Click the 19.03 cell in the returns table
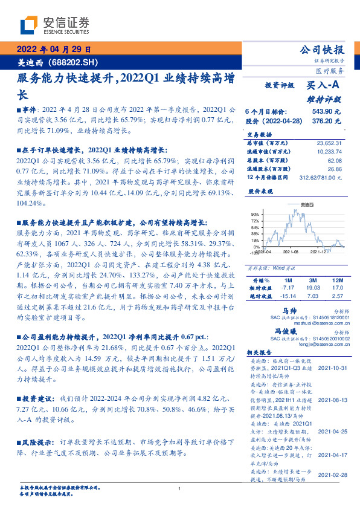click(x=313, y=289)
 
